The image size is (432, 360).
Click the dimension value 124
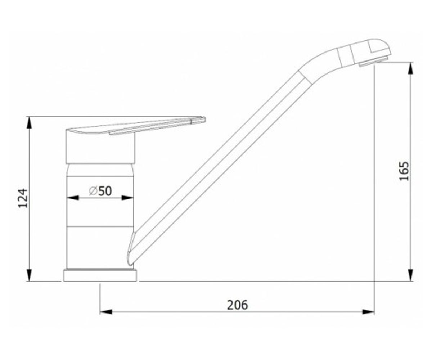pyautogui.click(x=23, y=198)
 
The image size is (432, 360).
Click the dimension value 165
pyautogui.click(x=404, y=171)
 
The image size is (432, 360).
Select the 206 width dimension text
pyautogui.click(x=237, y=305)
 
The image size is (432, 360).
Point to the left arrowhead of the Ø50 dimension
pyautogui.click(x=73, y=198)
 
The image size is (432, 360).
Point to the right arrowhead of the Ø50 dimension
pyautogui.click(x=127, y=198)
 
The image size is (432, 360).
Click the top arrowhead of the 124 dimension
pyautogui.click(x=30, y=123)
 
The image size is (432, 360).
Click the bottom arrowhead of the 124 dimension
pyautogui.click(x=30, y=275)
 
